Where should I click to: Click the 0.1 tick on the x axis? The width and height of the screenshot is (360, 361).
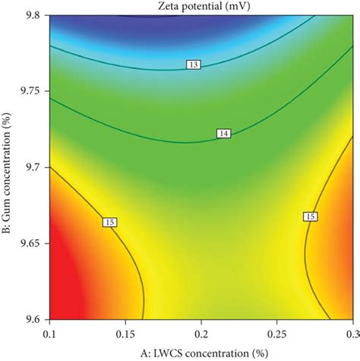50,334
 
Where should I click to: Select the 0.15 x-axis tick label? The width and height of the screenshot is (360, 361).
126,334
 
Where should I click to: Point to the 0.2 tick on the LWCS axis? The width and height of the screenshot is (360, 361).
201,334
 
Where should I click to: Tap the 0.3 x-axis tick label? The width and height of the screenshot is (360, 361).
351,334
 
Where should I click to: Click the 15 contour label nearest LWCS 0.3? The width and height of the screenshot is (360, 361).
310,217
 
